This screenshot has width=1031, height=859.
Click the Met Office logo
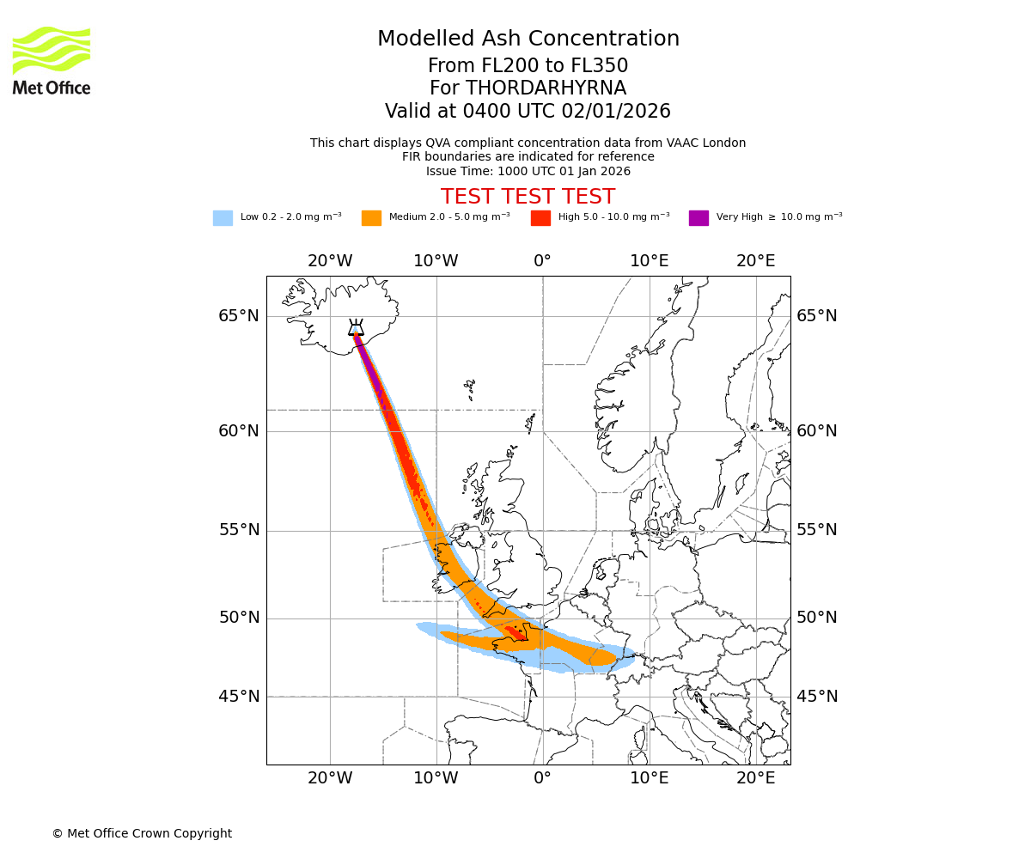click(52, 60)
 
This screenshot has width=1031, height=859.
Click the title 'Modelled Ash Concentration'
click(528, 39)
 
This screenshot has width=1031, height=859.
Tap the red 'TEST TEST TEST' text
click(528, 197)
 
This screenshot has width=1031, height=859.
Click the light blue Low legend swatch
click(223, 217)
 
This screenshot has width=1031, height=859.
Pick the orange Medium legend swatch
click(371, 217)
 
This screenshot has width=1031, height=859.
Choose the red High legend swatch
click(540, 217)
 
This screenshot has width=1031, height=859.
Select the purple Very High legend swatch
click(699, 217)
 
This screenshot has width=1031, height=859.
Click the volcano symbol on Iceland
click(356, 328)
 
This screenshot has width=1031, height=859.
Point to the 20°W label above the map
click(330, 261)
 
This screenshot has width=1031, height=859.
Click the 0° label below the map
click(542, 778)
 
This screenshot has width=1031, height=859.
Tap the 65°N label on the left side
click(238, 316)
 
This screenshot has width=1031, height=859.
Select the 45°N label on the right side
click(816, 697)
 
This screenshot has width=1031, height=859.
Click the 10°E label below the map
click(649, 778)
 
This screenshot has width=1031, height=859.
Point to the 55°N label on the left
click(238, 530)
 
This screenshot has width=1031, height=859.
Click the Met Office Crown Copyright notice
click(142, 833)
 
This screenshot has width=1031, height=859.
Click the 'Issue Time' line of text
click(528, 171)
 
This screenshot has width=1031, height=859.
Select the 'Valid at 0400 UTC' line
click(528, 112)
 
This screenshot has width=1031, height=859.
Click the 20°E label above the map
click(755, 261)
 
